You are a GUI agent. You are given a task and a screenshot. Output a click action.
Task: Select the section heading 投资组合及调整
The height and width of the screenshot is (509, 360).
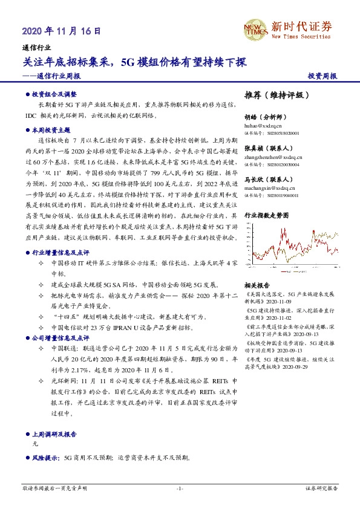pyautogui.click(x=54, y=94)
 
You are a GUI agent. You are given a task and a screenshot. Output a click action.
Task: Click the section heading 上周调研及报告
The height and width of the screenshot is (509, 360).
pyautogui.click(x=54, y=434)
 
